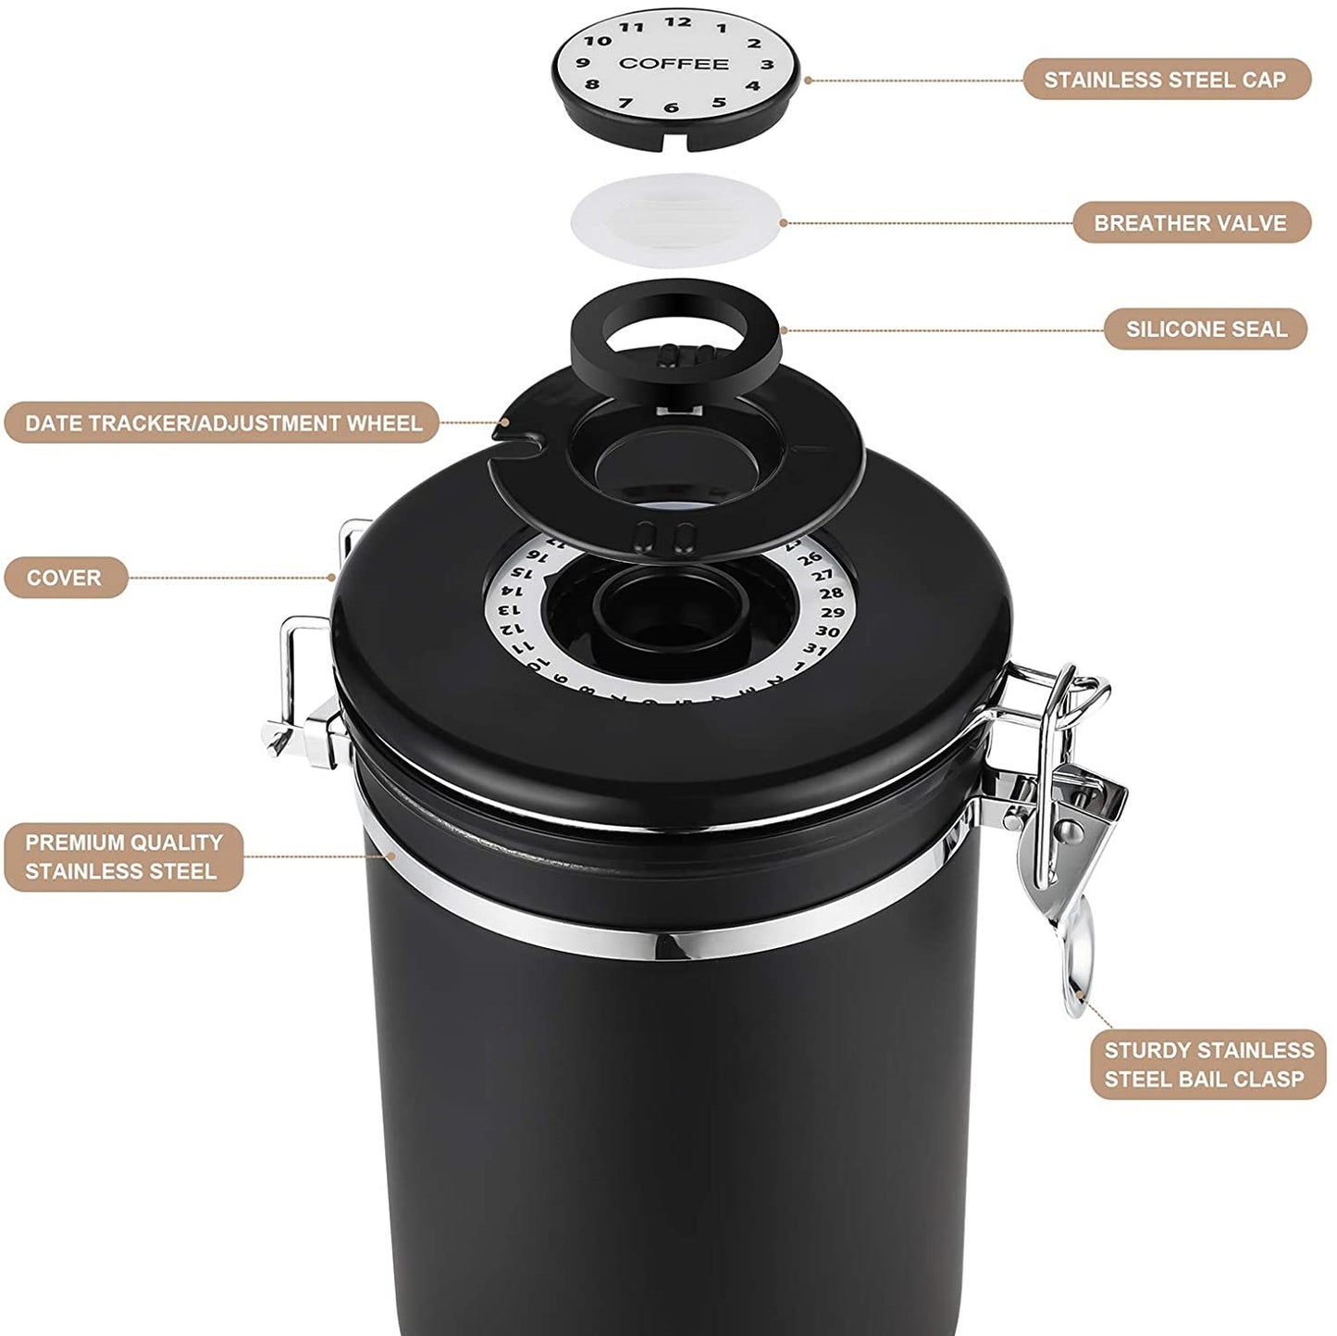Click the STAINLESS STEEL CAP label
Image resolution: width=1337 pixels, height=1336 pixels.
1166,80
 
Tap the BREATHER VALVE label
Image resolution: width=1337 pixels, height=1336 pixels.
1191,223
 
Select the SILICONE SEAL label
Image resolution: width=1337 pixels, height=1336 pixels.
1206,329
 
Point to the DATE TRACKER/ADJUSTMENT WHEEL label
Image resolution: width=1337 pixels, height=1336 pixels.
222,423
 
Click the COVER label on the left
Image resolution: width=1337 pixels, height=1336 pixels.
65,578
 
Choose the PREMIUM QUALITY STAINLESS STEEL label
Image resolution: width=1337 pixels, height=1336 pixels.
123,856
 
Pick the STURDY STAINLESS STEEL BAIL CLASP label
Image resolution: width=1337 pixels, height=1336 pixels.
1208,1065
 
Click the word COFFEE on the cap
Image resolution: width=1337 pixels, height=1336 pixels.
674,64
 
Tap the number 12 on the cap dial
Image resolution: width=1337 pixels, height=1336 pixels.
677,22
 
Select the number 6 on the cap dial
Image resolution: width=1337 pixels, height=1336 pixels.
671,108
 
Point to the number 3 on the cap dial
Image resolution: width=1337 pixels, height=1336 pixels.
767,65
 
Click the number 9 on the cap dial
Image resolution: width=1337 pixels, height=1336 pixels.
583,64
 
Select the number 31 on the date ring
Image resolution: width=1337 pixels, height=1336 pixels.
814,649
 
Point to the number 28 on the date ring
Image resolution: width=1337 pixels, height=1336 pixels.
831,593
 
